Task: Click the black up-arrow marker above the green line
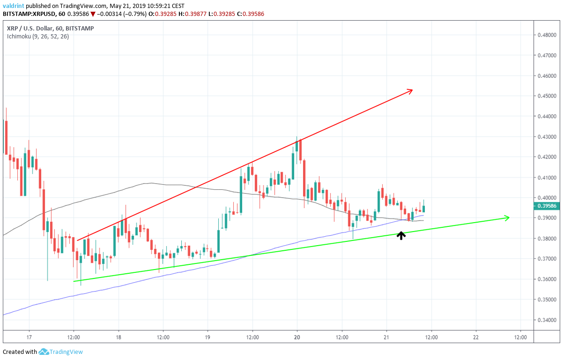click(x=401, y=236)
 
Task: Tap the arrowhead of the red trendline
click(x=410, y=90)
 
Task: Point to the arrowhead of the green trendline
click(x=507, y=217)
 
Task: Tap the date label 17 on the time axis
click(x=29, y=337)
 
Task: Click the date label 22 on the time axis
click(x=476, y=337)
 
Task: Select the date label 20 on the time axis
click(x=297, y=337)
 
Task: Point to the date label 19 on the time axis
click(x=207, y=337)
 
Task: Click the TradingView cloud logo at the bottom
click(x=44, y=352)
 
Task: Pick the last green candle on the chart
click(x=423, y=208)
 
